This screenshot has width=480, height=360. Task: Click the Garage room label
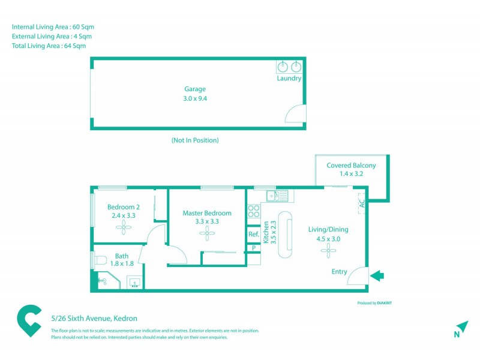(x=195, y=89)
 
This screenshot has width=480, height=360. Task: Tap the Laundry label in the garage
(x=289, y=79)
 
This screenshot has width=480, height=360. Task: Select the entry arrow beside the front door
(x=377, y=276)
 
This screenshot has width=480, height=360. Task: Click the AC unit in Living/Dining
(x=361, y=203)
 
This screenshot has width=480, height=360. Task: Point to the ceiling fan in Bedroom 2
(x=125, y=227)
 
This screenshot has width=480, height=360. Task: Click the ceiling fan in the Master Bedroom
(x=207, y=233)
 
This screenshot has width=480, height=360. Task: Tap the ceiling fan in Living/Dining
(x=328, y=252)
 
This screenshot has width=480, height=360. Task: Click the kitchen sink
(x=277, y=195)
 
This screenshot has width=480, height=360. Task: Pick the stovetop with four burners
(x=254, y=211)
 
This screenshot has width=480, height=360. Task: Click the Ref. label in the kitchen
(x=254, y=235)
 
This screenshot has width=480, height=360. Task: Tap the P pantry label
(x=254, y=248)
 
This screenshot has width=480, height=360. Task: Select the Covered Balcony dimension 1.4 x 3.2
(x=351, y=175)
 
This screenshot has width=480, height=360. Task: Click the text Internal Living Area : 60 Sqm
(x=53, y=27)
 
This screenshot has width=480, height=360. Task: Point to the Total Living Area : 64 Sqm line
(x=49, y=46)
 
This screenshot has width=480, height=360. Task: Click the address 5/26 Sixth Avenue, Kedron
(x=95, y=319)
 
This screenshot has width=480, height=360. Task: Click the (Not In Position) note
(x=195, y=140)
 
